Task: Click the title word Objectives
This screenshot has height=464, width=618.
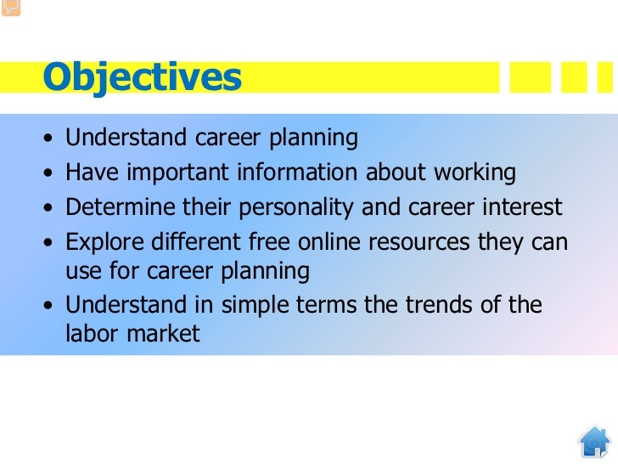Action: (x=143, y=77)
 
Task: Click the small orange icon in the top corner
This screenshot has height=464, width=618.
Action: (x=11, y=8)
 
